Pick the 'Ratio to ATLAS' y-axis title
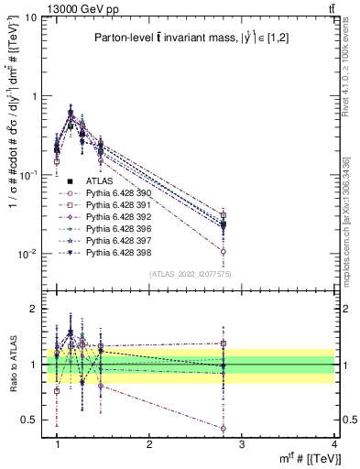(11, 365)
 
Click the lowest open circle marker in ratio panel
(224, 428)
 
